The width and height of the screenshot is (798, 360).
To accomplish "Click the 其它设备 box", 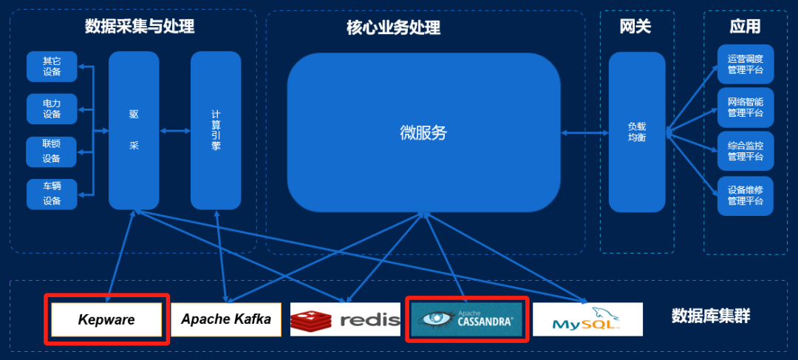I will pyautogui.click(x=52, y=67).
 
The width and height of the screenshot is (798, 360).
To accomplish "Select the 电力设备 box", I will pyautogui.click(x=52, y=109).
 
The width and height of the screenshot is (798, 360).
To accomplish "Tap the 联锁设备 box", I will pyautogui.click(x=52, y=152).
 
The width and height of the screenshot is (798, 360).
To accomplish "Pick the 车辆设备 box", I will pyautogui.click(x=52, y=194).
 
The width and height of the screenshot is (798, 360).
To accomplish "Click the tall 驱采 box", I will pyautogui.click(x=134, y=130).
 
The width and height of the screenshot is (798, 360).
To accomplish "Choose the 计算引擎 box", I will pyautogui.click(x=216, y=130).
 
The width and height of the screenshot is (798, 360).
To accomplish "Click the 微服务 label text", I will pyautogui.click(x=423, y=133).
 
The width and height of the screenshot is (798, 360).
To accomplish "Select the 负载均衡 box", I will pyautogui.click(x=637, y=132).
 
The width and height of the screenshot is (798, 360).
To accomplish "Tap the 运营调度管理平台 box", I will pyautogui.click(x=745, y=64).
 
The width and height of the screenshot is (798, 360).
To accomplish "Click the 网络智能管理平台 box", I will pyautogui.click(x=745, y=107).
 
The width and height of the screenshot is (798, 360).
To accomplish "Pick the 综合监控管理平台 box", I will pyautogui.click(x=745, y=152).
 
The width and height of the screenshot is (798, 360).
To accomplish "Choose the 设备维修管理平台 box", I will pyautogui.click(x=745, y=195).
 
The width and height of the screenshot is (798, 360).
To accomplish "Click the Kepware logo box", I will pyautogui.click(x=107, y=320).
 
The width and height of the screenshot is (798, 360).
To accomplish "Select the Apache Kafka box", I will pyautogui.click(x=226, y=320).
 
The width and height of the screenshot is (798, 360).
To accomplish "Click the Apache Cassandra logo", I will pyautogui.click(x=466, y=319).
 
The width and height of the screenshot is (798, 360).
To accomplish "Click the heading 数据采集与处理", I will pyautogui.click(x=140, y=27).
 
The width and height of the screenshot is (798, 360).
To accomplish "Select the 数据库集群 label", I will pyautogui.click(x=710, y=317).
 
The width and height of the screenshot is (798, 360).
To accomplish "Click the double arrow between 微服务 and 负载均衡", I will pyautogui.click(x=584, y=133).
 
